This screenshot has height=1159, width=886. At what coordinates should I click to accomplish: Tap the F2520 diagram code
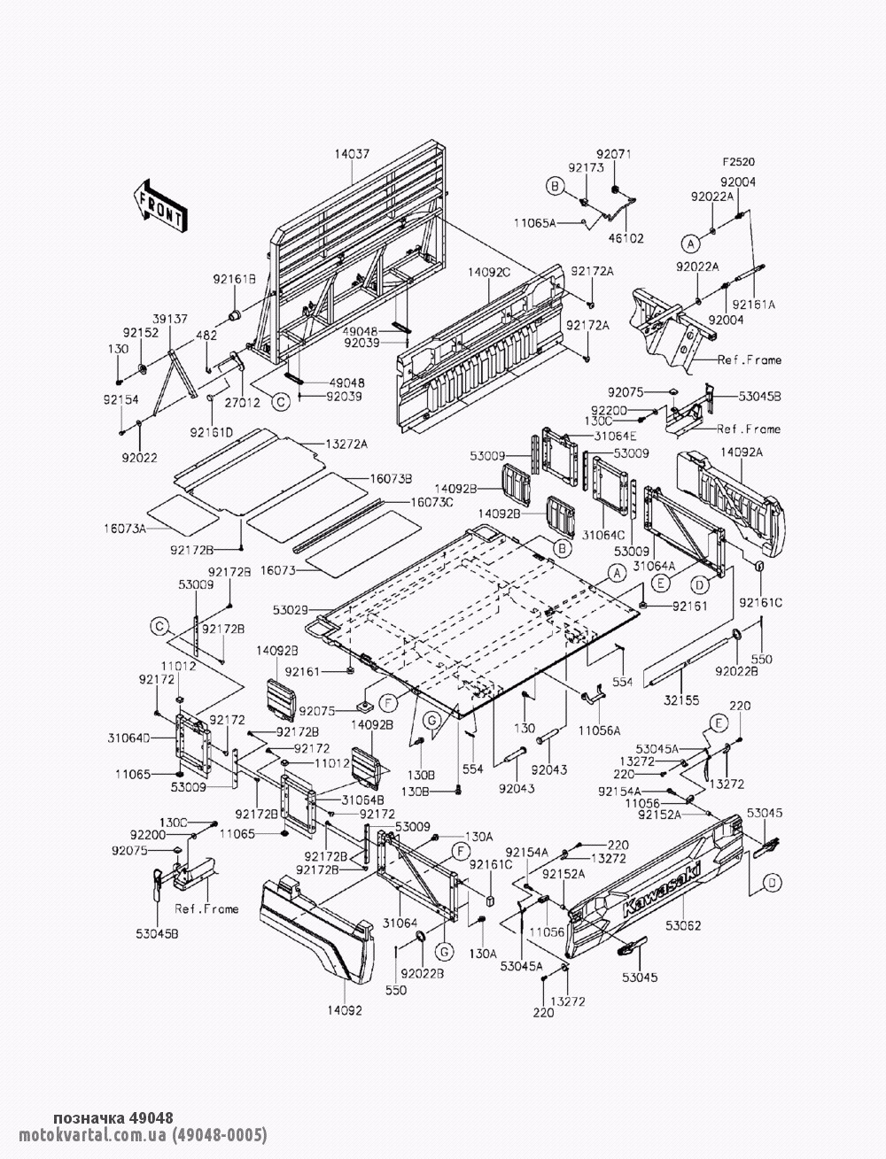pyautogui.click(x=737, y=163)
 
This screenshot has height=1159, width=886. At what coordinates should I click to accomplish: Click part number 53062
pyautogui.click(x=682, y=926)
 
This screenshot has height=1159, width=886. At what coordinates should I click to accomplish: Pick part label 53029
pyautogui.click(x=291, y=610)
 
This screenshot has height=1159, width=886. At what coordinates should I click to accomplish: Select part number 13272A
pyautogui.click(x=346, y=444)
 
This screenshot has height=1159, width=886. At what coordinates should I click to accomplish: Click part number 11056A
pyautogui.click(x=601, y=730)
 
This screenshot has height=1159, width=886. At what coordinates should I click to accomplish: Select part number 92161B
pyautogui.click(x=234, y=279)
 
